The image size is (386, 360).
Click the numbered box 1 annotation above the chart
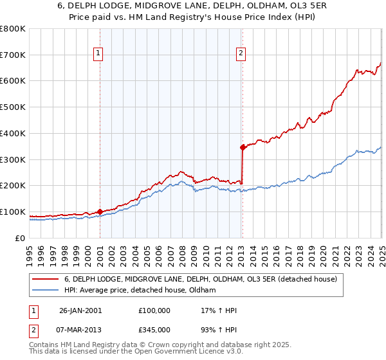(99, 54)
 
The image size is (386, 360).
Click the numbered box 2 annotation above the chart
(241, 54)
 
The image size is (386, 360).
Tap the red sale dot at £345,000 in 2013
(243, 147)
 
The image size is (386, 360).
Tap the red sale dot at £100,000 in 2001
(100, 211)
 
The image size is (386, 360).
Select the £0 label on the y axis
(21, 238)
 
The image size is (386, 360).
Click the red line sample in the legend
(44, 279)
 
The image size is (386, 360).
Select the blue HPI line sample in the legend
(44, 291)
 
